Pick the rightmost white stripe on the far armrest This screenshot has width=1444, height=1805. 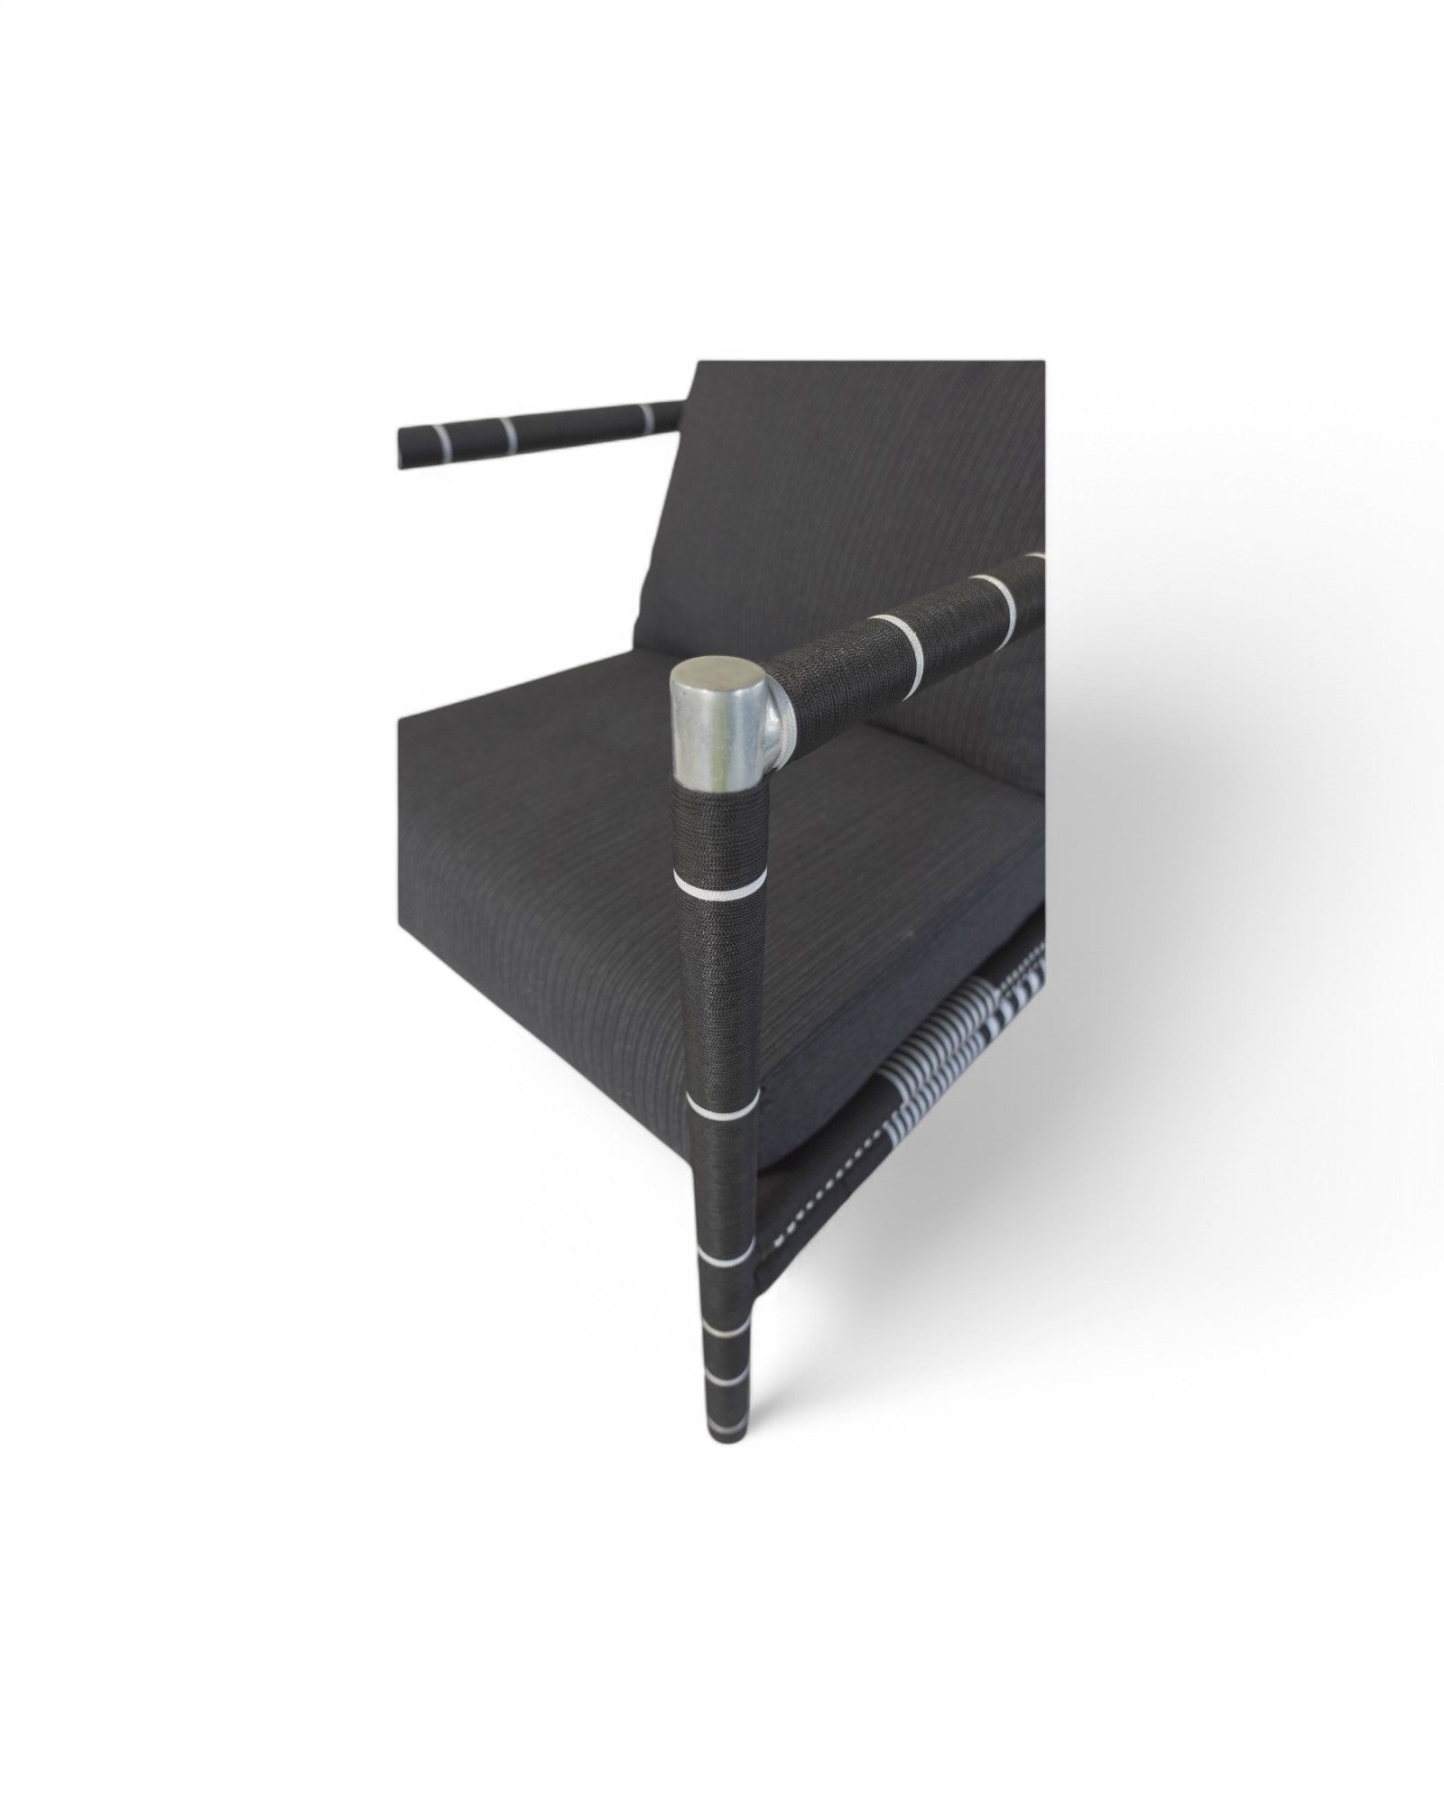point(646,414)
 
